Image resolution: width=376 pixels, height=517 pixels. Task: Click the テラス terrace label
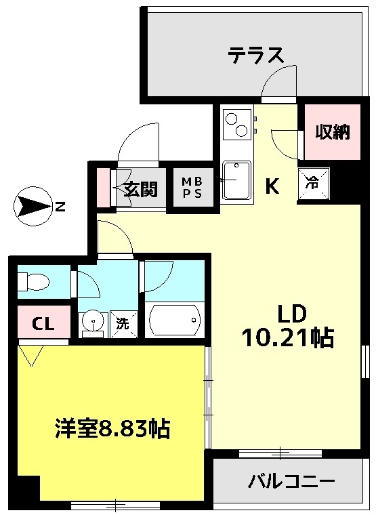pyautogui.click(x=255, y=55)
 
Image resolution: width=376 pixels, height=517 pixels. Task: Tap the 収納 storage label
pyautogui.click(x=333, y=132)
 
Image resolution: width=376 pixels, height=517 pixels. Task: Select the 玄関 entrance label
pyautogui.click(x=141, y=188)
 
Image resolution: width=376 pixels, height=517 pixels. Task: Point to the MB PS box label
pyautogui.click(x=192, y=187)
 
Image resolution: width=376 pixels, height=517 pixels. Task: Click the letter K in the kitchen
pyautogui.click(x=272, y=186)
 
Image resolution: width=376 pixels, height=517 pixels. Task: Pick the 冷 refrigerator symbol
pyautogui.click(x=313, y=184)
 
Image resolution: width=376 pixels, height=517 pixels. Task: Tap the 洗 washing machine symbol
pyautogui.click(x=123, y=324)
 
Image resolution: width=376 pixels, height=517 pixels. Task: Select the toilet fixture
pyautogui.click(x=33, y=282)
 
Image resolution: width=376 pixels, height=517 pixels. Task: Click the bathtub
pyautogui.click(x=175, y=320)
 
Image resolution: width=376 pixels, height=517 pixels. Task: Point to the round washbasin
pyautogui.click(x=94, y=320)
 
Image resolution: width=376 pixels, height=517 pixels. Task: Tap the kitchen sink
pyautogui.click(x=236, y=180)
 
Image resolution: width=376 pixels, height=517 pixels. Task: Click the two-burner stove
pyautogui.click(x=236, y=124)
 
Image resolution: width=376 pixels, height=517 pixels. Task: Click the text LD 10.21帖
pyautogui.click(x=289, y=327)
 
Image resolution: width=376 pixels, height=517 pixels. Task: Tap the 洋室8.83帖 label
pyautogui.click(x=112, y=429)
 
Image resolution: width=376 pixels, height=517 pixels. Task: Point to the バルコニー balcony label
pyautogui.click(x=291, y=482)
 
